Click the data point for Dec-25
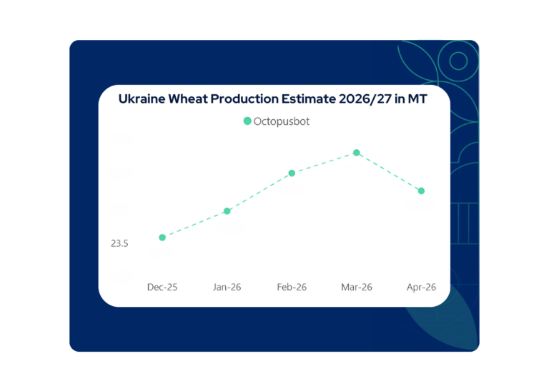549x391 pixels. click(x=162, y=238)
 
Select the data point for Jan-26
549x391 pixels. click(x=227, y=211)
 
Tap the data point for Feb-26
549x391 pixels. click(x=292, y=173)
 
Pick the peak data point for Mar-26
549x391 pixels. click(x=356, y=153)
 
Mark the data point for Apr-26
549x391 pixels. click(x=421, y=191)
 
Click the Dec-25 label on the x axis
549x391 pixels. click(x=162, y=288)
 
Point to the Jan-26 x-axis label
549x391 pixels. click(x=227, y=288)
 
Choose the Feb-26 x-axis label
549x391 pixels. click(x=292, y=288)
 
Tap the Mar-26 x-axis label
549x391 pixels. click(x=356, y=288)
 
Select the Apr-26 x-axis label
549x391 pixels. click(x=420, y=288)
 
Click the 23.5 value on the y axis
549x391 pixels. click(x=119, y=243)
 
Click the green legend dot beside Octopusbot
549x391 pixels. click(x=247, y=121)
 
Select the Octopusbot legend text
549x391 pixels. click(x=282, y=121)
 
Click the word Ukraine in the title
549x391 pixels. click(x=142, y=99)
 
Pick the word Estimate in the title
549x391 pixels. click(x=305, y=99)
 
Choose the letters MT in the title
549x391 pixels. click(x=417, y=99)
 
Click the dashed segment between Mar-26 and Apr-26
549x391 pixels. click(x=389, y=172)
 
